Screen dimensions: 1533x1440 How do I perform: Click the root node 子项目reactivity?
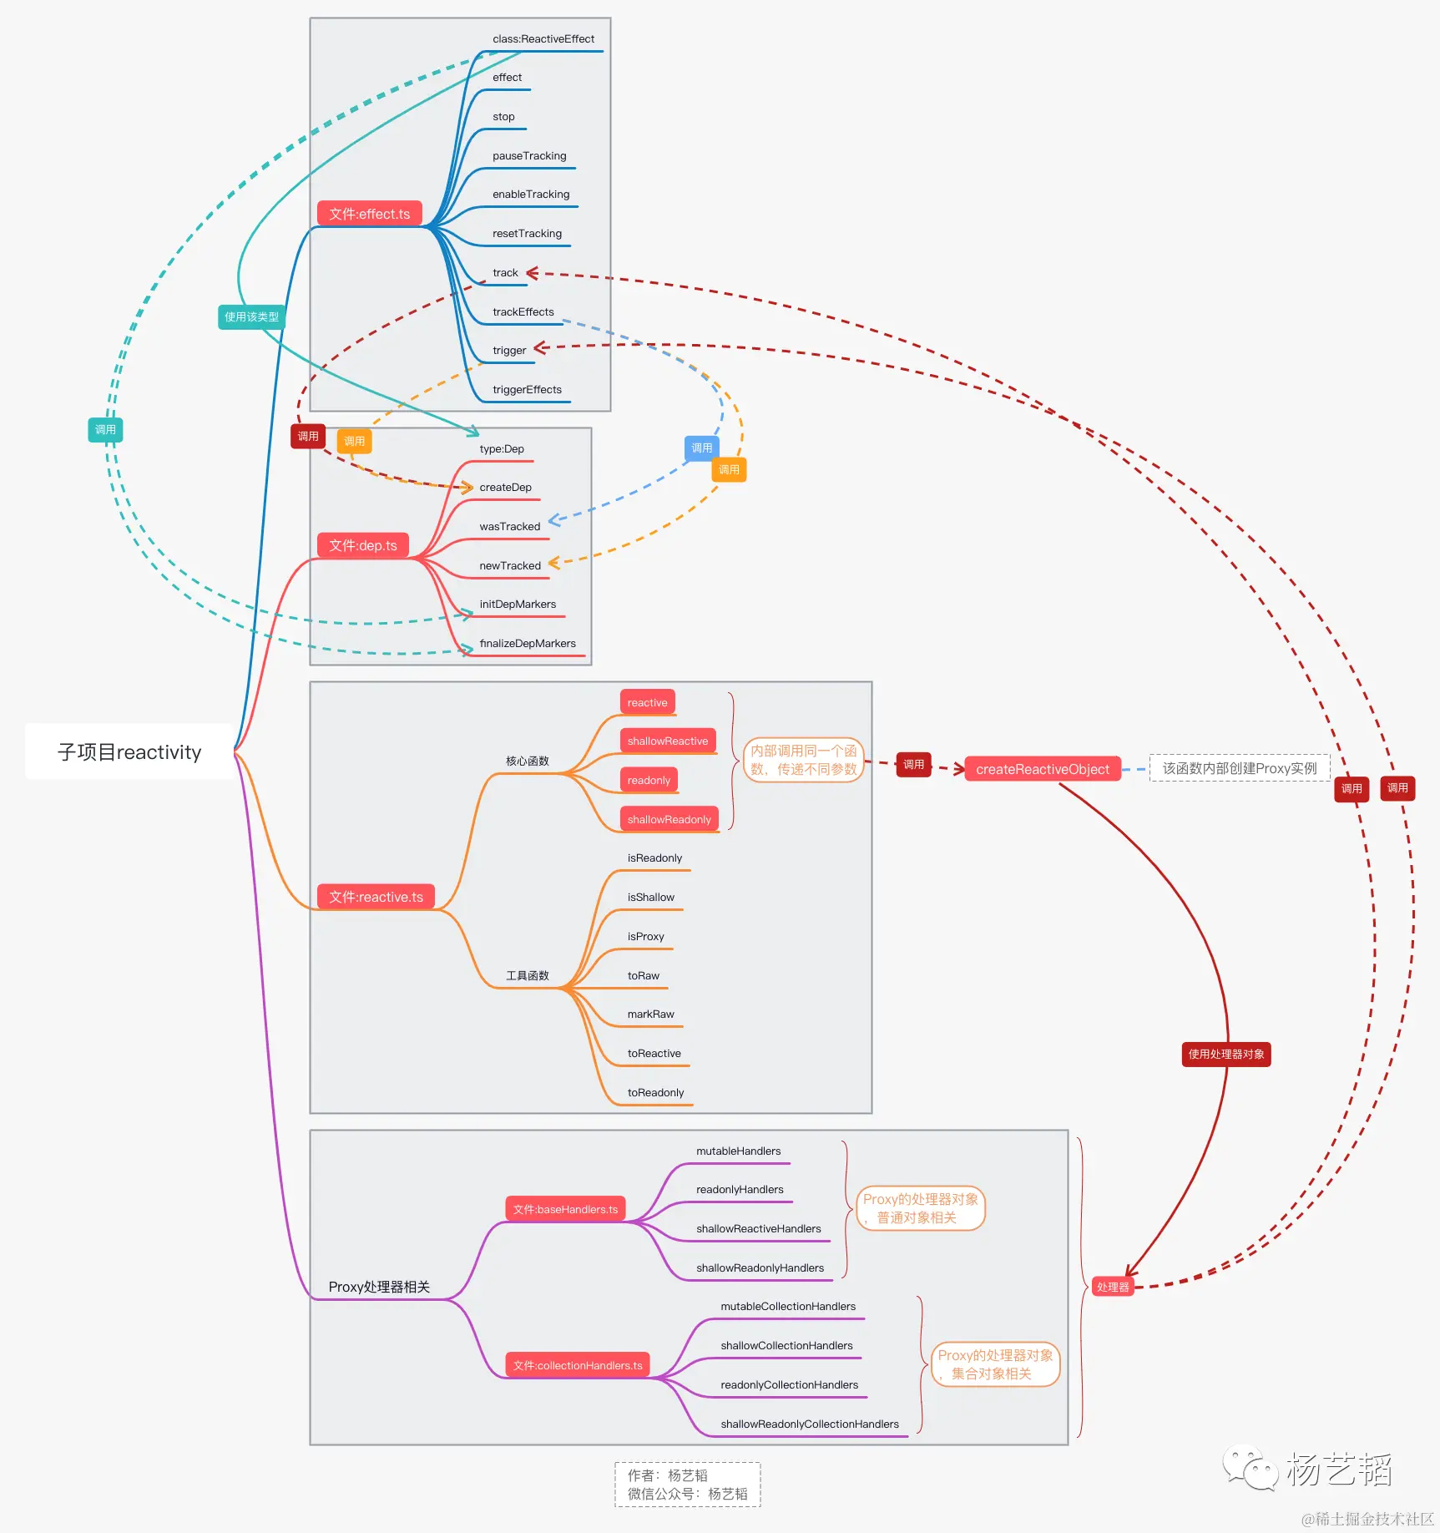[129, 751]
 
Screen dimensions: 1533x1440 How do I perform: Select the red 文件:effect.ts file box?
[369, 214]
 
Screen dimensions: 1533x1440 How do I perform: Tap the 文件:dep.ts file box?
[362, 545]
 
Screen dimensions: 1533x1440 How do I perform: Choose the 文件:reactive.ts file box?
[376, 897]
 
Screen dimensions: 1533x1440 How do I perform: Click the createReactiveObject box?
[1042, 769]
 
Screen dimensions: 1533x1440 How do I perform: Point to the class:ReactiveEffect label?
[543, 39]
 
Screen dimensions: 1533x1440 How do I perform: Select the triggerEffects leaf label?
[527, 390]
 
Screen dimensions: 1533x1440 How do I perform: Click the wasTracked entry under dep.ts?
[509, 527]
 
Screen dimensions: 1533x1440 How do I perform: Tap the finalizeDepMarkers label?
[527, 644]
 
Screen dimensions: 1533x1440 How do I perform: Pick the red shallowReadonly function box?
[669, 819]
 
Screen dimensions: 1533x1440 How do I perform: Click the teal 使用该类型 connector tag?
[251, 317]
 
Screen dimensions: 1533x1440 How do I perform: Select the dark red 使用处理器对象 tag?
[1225, 1055]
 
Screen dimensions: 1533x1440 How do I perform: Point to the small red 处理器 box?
[1113, 1287]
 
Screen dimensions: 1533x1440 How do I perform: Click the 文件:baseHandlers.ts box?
[565, 1209]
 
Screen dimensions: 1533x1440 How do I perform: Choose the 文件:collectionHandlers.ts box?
[578, 1365]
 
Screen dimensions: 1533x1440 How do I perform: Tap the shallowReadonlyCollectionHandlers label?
[809, 1424]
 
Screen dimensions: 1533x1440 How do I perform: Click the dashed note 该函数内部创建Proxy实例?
[1239, 768]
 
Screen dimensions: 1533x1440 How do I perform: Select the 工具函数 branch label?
[527, 975]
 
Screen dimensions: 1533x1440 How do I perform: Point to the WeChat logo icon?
[1250, 1468]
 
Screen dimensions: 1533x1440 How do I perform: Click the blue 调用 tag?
[701, 448]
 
